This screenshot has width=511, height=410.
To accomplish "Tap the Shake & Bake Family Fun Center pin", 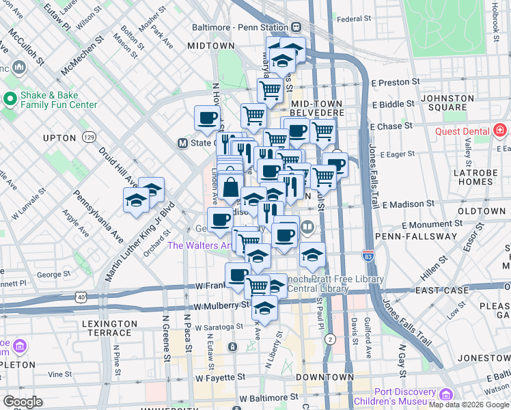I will (x=10, y=99).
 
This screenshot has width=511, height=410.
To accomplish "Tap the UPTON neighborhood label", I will (x=59, y=138).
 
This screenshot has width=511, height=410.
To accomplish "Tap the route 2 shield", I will (x=331, y=339).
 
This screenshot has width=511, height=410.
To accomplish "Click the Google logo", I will (x=23, y=402).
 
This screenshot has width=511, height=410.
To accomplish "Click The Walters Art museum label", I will (x=199, y=245).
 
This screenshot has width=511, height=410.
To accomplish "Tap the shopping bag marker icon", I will (x=232, y=187).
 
